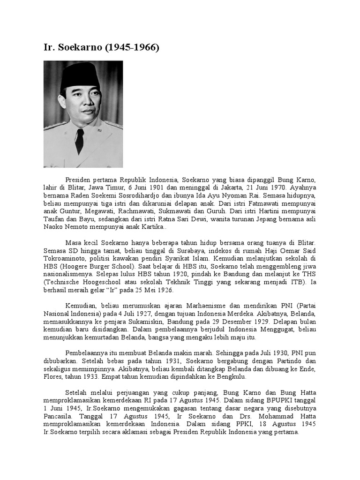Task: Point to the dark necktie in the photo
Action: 79,140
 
